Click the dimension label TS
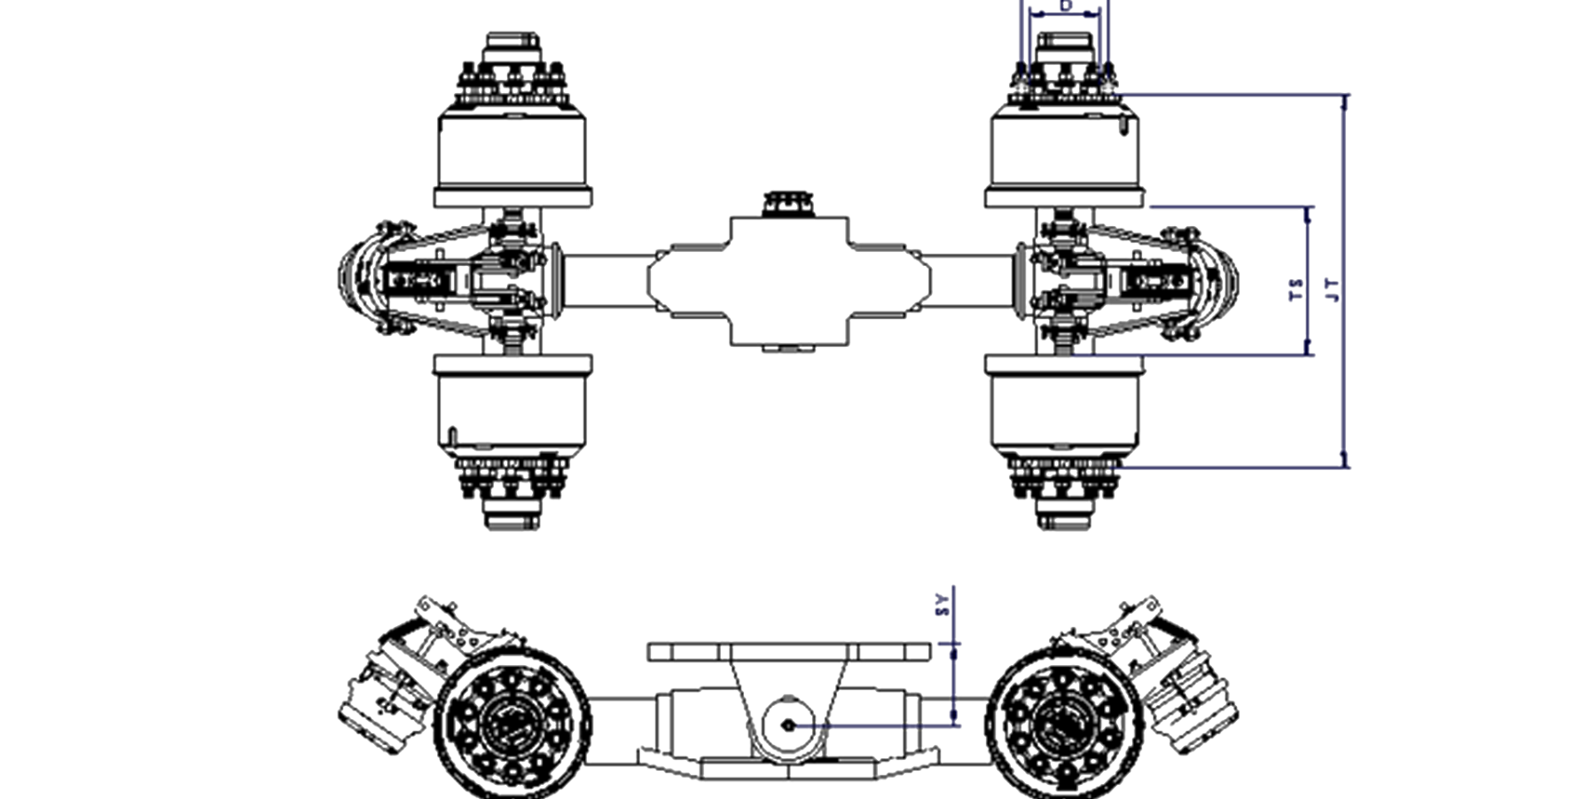pyautogui.click(x=1296, y=289)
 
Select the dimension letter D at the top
pyautogui.click(x=1066, y=6)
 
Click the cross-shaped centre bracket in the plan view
pyautogui.click(x=789, y=279)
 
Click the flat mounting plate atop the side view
pyautogui.click(x=789, y=652)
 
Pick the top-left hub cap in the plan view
pyautogui.click(x=512, y=49)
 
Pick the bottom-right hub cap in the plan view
pyautogui.click(x=1063, y=513)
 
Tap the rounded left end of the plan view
pyautogui.click(x=355, y=278)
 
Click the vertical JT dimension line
pyautogui.click(x=1345, y=280)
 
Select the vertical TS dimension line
pyautogui.click(x=1308, y=280)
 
